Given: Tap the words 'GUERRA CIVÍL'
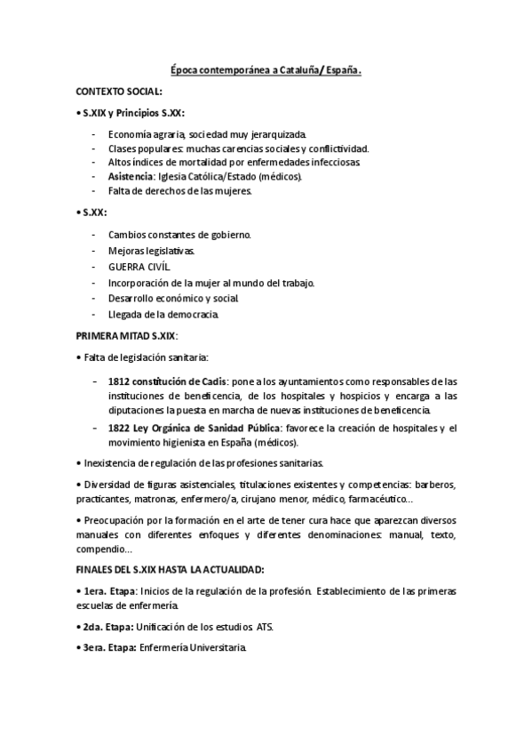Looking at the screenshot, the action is click(139, 266).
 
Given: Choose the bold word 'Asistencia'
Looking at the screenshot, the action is click(131, 177).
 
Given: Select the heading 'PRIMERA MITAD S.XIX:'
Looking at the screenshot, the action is click(127, 335).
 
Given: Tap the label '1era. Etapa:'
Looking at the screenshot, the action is click(107, 590).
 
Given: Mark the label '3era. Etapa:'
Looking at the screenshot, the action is click(107, 648).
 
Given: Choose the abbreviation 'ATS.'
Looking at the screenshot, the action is click(265, 627).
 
